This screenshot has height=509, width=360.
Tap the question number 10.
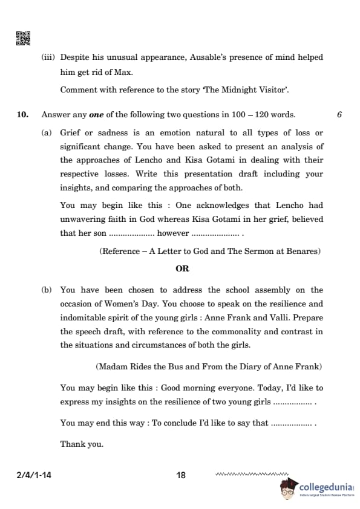point(22,115)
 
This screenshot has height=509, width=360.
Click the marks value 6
point(339,115)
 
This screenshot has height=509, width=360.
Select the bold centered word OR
point(182,269)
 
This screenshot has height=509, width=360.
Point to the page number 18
point(181,476)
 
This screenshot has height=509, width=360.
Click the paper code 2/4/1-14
point(34,476)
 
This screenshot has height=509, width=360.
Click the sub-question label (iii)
point(48,57)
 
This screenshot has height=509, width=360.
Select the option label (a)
point(46,132)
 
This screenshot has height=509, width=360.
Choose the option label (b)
point(46,290)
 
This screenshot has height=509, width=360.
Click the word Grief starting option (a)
point(71,132)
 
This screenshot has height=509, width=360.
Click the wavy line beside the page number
point(252,475)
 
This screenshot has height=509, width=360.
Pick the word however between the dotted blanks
point(172,233)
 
